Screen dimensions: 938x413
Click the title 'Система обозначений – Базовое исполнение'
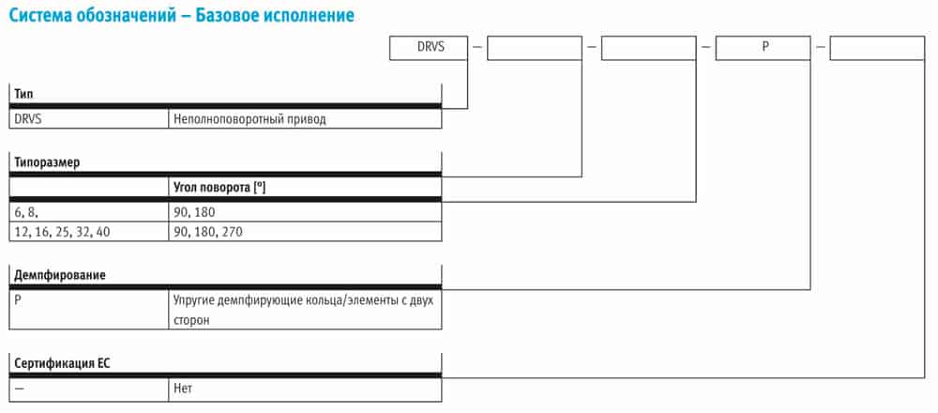click(x=181, y=15)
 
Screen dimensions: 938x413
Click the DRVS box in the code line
click(x=429, y=49)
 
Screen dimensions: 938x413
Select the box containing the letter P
click(x=764, y=49)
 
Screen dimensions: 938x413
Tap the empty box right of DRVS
click(x=535, y=49)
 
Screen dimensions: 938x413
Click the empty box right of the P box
click(x=877, y=49)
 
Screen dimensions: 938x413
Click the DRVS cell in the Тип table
click(x=89, y=119)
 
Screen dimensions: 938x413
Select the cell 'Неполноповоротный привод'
click(x=305, y=119)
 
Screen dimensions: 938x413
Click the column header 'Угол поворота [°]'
click(x=219, y=188)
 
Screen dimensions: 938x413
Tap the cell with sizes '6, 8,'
click(x=89, y=212)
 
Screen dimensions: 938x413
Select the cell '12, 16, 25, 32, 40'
click(x=89, y=232)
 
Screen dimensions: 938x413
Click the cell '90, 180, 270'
click(x=305, y=232)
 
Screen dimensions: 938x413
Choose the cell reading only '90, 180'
click(x=305, y=212)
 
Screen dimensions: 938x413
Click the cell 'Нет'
click(x=305, y=389)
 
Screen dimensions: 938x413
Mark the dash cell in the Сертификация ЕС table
click(x=89, y=389)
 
